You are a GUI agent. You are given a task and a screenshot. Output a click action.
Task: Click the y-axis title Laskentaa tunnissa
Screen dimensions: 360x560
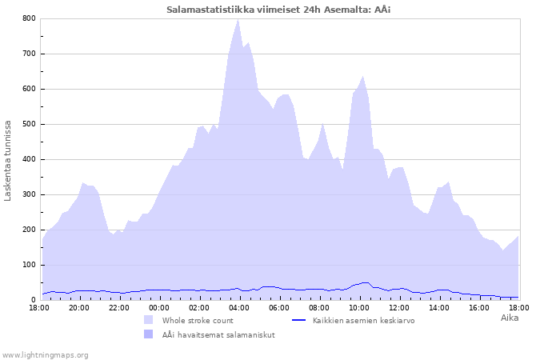point(9,160)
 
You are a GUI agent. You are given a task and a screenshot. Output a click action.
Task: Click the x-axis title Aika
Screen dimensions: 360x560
point(509,318)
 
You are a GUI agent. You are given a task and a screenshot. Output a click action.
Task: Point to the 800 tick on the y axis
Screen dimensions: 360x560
point(29,18)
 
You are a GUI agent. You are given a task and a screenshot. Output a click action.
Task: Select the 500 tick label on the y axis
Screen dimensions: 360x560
point(29,124)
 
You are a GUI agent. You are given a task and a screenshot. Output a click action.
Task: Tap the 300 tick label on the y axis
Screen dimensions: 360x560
point(29,194)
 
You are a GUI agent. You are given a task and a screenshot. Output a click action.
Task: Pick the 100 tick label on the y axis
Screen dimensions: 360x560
point(29,265)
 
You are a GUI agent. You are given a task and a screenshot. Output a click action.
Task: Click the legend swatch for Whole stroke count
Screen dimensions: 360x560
point(148,320)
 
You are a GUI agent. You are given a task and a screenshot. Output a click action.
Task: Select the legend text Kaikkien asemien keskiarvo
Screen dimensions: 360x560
point(363,320)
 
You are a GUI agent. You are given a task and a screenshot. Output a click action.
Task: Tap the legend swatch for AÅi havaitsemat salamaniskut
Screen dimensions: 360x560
point(148,334)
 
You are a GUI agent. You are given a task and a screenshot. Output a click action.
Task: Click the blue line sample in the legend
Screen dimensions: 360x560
point(299,320)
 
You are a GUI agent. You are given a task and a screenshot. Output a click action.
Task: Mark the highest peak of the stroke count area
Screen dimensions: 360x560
point(238,20)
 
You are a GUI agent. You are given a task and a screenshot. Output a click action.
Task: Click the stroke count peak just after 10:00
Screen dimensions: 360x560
point(363,77)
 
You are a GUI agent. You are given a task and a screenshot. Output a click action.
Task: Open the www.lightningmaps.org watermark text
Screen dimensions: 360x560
point(45,354)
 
